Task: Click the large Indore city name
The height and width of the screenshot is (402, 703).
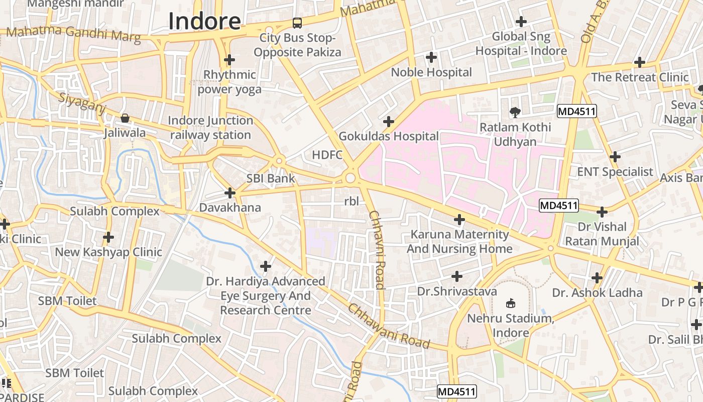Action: click(x=204, y=22)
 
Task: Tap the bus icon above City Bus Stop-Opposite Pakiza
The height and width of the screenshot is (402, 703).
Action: click(x=297, y=23)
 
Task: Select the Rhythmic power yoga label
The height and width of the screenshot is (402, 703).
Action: click(x=229, y=82)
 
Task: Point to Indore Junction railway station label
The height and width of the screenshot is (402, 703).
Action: click(x=210, y=128)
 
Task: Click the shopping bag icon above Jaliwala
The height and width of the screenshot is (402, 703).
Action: click(x=125, y=119)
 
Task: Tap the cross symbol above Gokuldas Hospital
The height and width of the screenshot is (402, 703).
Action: click(x=388, y=122)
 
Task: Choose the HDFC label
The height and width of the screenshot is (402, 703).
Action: click(x=327, y=155)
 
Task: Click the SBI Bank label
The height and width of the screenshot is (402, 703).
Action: click(x=271, y=178)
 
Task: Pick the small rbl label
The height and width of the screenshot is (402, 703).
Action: click(x=351, y=202)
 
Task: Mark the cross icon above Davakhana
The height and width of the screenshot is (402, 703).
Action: click(x=230, y=193)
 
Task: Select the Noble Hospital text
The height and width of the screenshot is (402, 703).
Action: click(x=431, y=72)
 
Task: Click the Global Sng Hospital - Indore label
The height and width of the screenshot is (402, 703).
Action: click(x=521, y=44)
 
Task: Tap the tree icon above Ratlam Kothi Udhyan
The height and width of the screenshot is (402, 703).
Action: click(x=515, y=112)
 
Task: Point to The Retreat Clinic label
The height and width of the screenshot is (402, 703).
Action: click(x=640, y=77)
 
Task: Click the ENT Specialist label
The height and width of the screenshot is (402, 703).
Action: click(x=615, y=172)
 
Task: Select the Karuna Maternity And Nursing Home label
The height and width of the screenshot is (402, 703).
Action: click(x=459, y=242)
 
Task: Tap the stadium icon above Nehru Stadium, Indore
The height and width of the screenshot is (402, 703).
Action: click(x=511, y=303)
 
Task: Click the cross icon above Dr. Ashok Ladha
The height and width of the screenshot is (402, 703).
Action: click(x=597, y=277)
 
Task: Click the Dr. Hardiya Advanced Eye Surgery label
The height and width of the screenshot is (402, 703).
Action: click(x=266, y=295)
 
